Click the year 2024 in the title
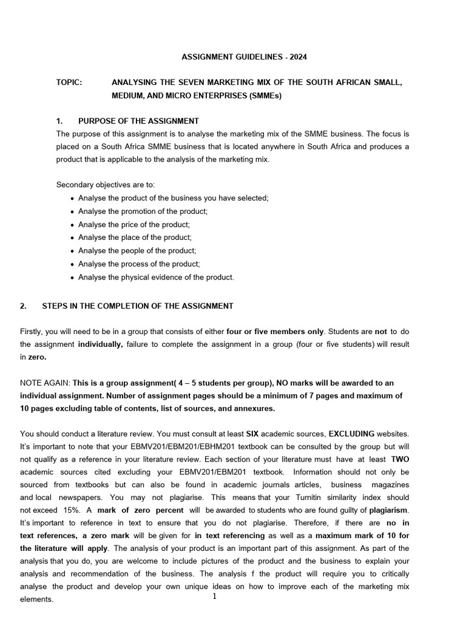[x=297, y=57]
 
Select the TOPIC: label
[x=69, y=82]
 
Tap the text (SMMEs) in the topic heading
[x=263, y=96]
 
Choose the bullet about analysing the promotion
[x=143, y=211]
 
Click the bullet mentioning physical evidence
[x=155, y=277]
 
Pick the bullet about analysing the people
[x=137, y=250]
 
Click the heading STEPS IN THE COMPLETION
[x=137, y=306]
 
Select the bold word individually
[x=100, y=344]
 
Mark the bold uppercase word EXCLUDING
[x=351, y=434]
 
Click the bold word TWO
[x=400, y=459]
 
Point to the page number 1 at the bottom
[x=214, y=596]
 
